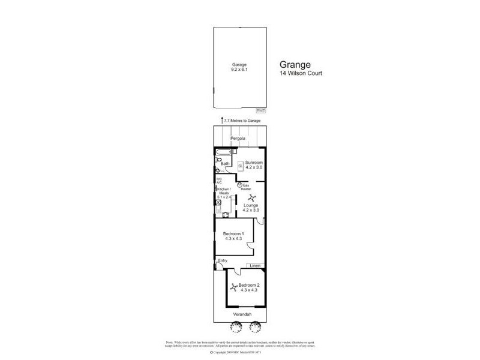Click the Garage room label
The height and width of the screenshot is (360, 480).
pos(239,67)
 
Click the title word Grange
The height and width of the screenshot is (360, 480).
pos(295,64)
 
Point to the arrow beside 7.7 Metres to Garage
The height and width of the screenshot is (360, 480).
pos(222,121)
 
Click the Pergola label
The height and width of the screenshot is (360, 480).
pos(239,139)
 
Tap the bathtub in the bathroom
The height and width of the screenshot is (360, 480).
pos(223,152)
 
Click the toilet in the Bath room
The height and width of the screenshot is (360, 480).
pos(218,169)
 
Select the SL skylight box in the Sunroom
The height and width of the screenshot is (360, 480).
pos(240,165)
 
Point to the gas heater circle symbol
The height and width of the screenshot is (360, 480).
pos(240,185)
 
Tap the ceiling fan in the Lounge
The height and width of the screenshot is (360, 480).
pos(251,199)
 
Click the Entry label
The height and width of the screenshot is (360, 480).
pos(223,260)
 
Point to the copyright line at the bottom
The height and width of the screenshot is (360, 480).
pos(239,353)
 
